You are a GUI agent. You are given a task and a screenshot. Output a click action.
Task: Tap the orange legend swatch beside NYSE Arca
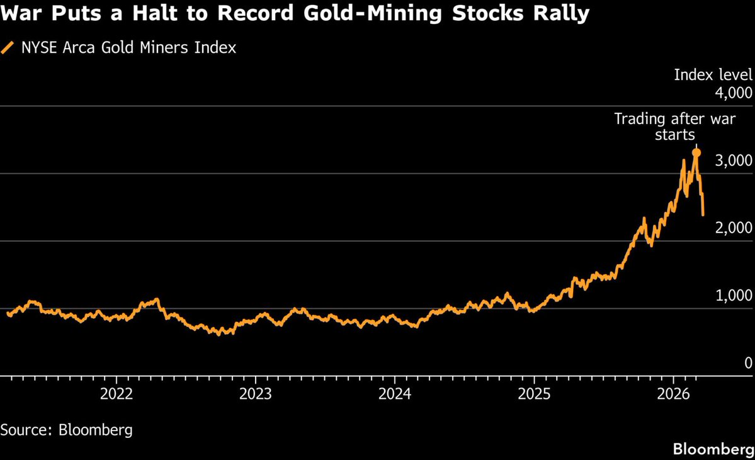pos(8,48)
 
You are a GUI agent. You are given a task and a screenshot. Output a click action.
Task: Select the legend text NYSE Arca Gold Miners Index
pos(128,48)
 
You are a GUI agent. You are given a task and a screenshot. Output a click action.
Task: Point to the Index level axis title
pos(713,75)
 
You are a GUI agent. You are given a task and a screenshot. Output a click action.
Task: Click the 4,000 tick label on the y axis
pos(734,93)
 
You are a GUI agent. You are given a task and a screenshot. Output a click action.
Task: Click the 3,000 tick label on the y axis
pos(734,161)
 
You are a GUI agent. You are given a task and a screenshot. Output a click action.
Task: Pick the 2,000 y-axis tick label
pos(734,228)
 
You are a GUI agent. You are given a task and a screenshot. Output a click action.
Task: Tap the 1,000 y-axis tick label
pos(734,296)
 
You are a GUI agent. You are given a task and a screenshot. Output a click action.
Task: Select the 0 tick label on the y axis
pos(747,363)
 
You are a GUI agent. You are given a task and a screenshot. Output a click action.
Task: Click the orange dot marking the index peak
pos(696,152)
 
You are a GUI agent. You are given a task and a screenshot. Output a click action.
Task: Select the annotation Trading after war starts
pos(674,126)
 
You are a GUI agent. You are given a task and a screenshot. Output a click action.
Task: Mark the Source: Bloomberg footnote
pos(66,430)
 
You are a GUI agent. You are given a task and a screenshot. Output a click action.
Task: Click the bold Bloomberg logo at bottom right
pos(713,449)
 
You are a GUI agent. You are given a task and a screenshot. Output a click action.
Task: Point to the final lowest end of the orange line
pos(703,215)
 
